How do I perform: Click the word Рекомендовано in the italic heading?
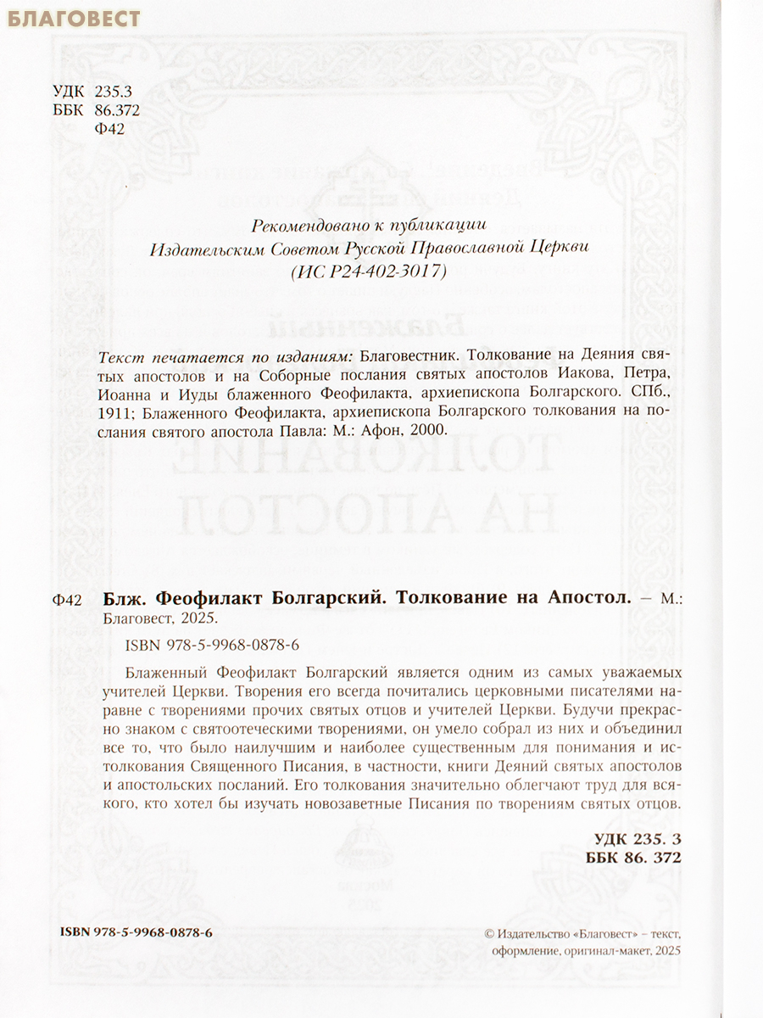point(305,226)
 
